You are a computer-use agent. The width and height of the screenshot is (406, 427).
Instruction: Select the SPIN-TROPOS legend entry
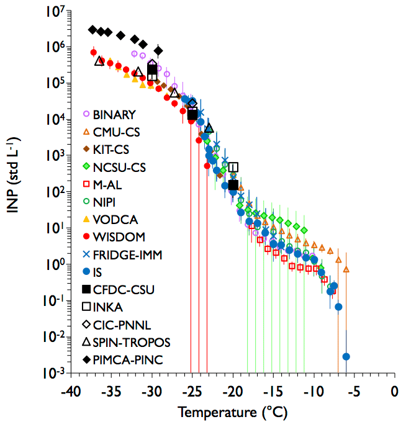pos(131,341)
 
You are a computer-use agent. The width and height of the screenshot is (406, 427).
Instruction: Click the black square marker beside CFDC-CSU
pos(87,289)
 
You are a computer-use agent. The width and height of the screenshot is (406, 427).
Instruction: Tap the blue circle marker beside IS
pos(87,272)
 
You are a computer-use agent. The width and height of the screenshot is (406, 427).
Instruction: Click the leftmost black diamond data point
pos(92,30)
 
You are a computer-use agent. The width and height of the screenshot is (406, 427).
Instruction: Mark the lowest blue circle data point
pos(346,357)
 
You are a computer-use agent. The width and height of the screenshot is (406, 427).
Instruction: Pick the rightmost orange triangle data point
pos(346,269)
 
